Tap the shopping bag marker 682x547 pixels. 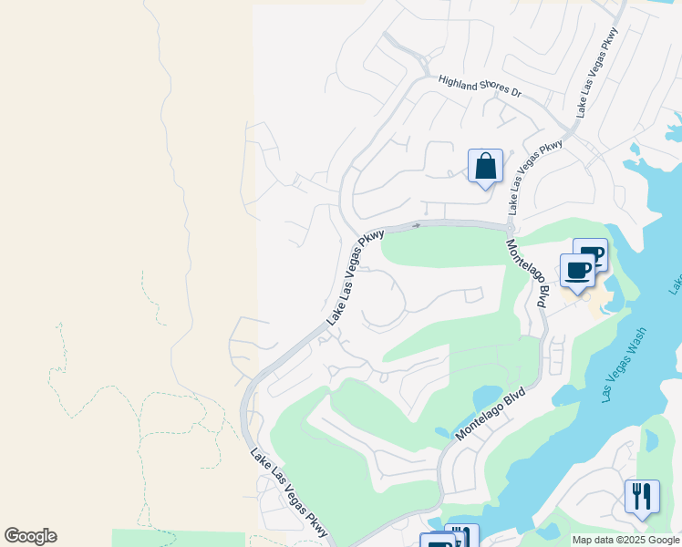[485, 167]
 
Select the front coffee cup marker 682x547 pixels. [577, 271]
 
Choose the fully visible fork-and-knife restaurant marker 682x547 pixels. [642, 497]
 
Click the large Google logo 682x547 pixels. [30, 536]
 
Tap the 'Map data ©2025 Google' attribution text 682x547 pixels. [625, 540]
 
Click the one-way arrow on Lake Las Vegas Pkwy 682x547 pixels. [417, 225]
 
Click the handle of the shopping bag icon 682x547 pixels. [485, 159]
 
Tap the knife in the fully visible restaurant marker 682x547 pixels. [648, 497]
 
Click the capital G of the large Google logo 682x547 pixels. [11, 536]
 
